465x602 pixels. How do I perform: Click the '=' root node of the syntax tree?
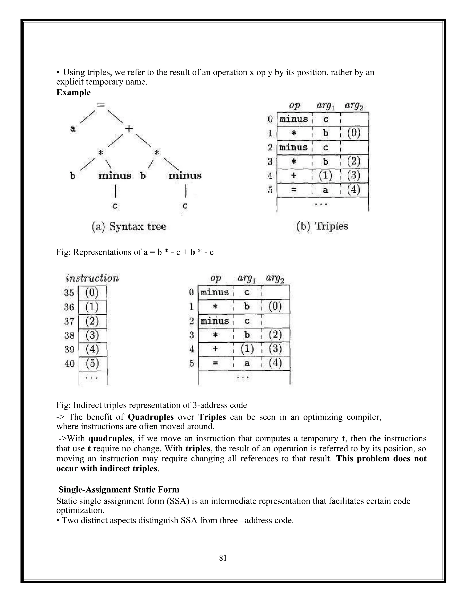(x=101, y=105)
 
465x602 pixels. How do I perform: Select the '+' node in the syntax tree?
(x=129, y=128)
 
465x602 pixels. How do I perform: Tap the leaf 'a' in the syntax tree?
(x=72, y=128)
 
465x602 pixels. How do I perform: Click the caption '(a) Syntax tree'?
(x=129, y=226)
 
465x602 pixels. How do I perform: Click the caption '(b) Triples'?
(x=322, y=226)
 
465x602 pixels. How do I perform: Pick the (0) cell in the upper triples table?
(x=354, y=133)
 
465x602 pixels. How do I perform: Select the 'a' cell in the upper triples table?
(x=326, y=190)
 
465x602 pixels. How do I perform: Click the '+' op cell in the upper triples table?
(x=294, y=175)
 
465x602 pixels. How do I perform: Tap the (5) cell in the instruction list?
(x=92, y=363)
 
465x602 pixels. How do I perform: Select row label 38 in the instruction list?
(x=69, y=335)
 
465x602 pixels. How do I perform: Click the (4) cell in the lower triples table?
(x=275, y=363)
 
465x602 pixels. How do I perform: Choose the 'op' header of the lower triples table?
(x=215, y=278)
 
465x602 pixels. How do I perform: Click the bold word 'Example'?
(x=73, y=92)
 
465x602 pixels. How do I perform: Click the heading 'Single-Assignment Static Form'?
(x=119, y=490)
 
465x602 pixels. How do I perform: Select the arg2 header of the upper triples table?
(x=354, y=106)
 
